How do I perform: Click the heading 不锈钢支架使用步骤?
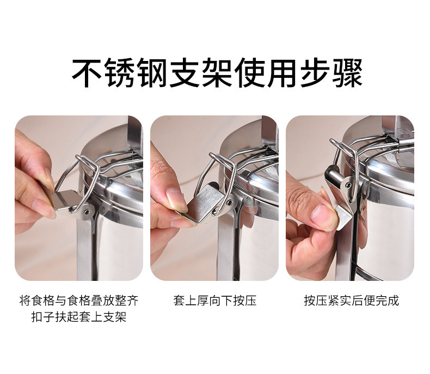click(x=217, y=73)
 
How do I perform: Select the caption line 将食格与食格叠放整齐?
click(x=79, y=300)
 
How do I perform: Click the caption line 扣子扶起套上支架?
click(x=79, y=317)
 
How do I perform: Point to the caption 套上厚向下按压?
click(x=214, y=300)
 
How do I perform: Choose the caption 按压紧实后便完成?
click(x=351, y=300)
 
